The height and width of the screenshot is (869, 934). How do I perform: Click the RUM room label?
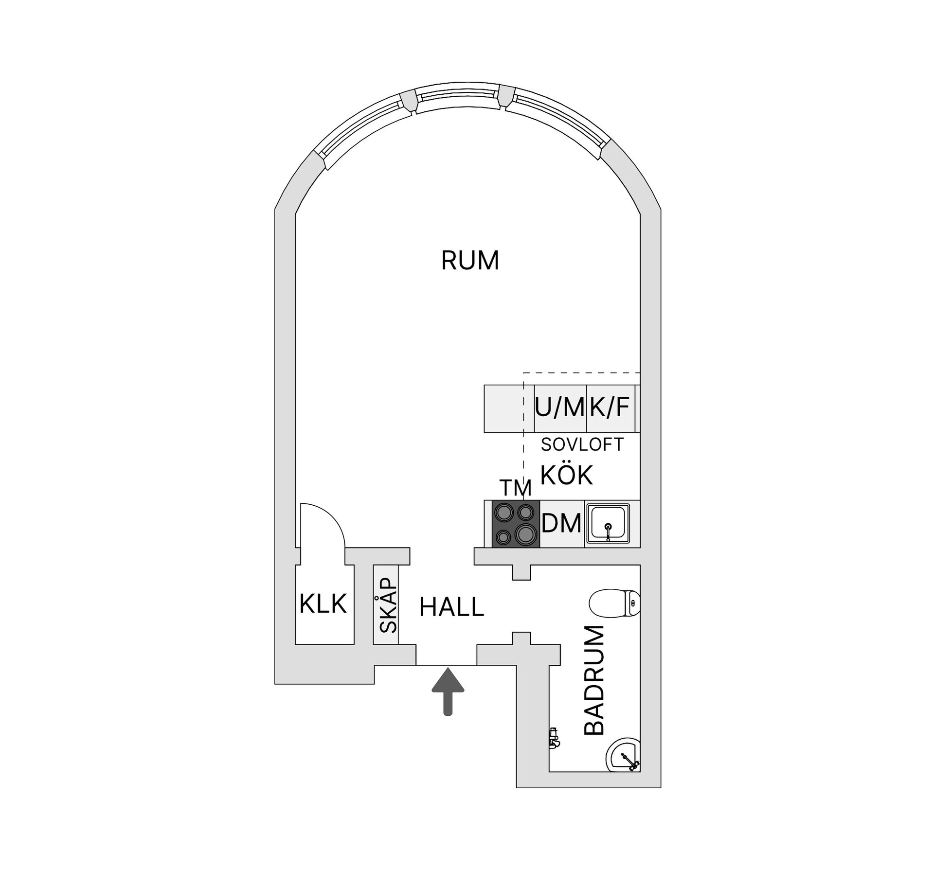click(x=470, y=260)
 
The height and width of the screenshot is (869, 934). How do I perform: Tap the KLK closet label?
click(x=323, y=604)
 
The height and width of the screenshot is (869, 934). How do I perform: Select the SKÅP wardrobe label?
click(x=388, y=605)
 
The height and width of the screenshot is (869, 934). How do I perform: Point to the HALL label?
click(x=451, y=607)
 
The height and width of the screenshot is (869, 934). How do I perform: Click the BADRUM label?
click(x=593, y=680)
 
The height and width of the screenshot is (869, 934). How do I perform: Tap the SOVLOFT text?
click(x=582, y=444)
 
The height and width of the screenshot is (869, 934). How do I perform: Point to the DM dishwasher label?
click(x=561, y=524)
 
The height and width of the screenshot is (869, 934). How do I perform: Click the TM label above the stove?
click(x=516, y=487)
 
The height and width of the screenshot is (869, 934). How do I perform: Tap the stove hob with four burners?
click(x=516, y=524)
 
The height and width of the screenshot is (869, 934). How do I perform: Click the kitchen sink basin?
click(x=608, y=523)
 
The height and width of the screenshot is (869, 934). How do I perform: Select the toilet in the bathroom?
click(x=614, y=603)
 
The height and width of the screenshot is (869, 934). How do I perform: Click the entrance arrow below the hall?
click(x=448, y=691)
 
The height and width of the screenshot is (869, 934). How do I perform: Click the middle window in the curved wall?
click(x=459, y=100)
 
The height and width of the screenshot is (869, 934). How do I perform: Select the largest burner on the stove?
click(x=526, y=534)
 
